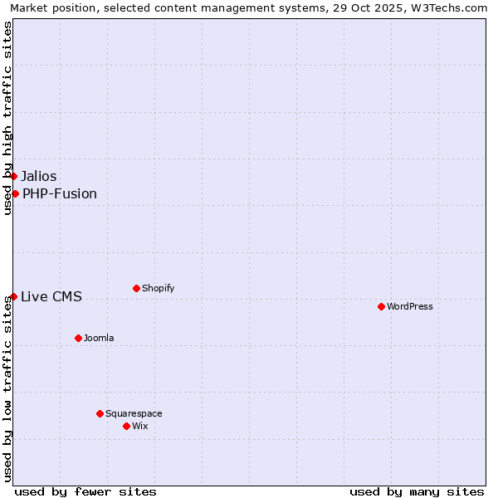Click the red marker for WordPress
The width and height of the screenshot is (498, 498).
pos(381,306)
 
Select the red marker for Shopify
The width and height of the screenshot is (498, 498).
pos(136,288)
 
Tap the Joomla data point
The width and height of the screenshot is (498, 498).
pos(78,338)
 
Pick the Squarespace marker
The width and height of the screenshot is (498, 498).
pos(100,413)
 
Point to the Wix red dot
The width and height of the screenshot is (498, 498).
pos(126,426)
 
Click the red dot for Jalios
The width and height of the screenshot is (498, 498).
pos(13,176)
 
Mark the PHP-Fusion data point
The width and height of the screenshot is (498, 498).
pos(15,193)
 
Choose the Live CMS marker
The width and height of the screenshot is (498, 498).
pos(13,296)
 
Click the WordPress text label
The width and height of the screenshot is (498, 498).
pos(410,306)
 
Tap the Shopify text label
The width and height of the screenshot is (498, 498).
pos(159,288)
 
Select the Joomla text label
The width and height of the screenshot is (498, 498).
pos(99,338)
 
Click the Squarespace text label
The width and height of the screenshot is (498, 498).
pos(134,413)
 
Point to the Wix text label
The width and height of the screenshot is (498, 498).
pos(140,426)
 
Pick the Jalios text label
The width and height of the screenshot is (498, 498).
pos(39,176)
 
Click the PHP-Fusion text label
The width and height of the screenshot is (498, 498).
pos(60,193)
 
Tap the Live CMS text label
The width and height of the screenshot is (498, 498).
pos(51,296)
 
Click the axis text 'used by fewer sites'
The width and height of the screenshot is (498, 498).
pos(85,491)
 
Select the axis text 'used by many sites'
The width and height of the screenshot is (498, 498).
pos(417,491)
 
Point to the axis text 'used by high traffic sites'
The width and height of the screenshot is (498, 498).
pos(8,118)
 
